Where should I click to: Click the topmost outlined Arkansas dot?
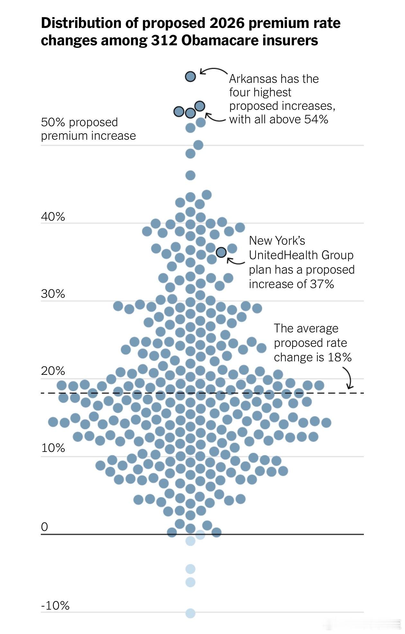(x=190, y=77)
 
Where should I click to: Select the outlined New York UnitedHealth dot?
(x=221, y=252)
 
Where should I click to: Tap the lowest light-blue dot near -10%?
(x=190, y=613)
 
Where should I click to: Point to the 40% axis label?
(x=53, y=217)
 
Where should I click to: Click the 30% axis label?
(x=53, y=294)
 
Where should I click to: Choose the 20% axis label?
(x=53, y=371)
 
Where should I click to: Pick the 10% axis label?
(x=53, y=448)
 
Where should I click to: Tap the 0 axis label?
(x=44, y=527)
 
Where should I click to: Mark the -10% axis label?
(x=55, y=606)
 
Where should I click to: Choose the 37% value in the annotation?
(x=322, y=284)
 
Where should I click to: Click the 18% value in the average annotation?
(x=339, y=357)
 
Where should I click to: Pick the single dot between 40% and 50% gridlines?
(x=190, y=175)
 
